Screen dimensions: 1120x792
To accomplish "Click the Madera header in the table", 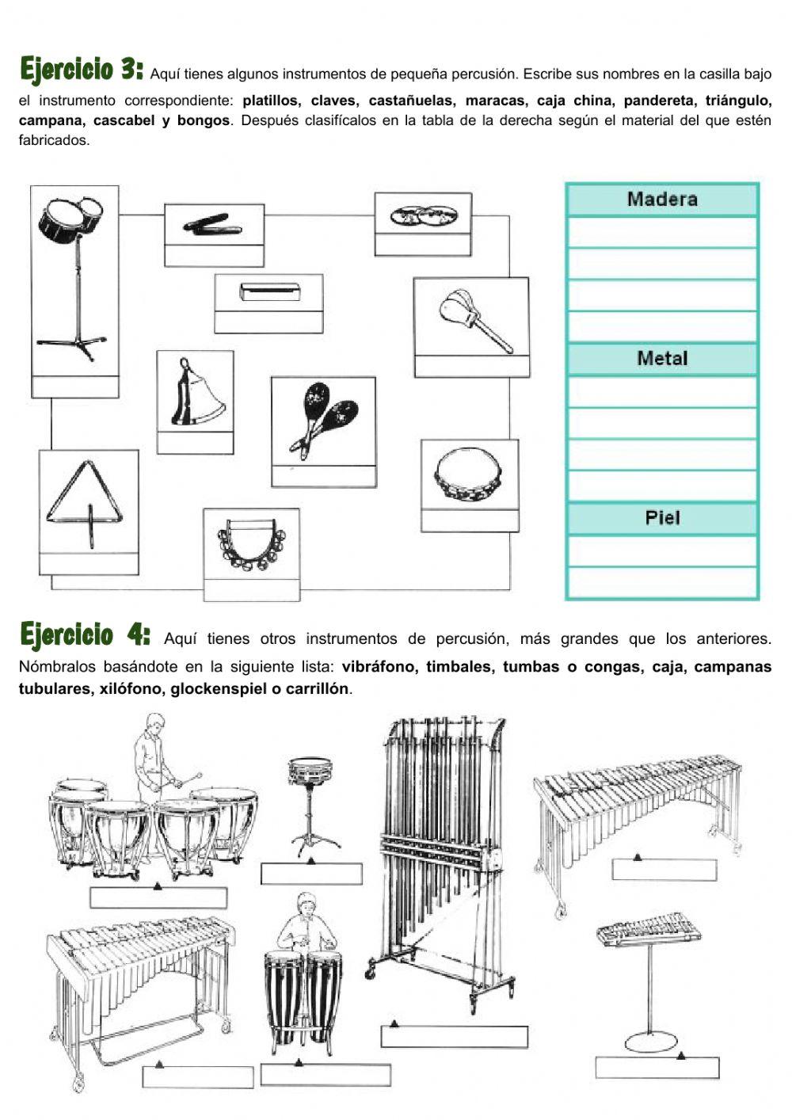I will (x=662, y=199).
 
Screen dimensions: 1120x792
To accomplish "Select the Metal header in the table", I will (x=662, y=359).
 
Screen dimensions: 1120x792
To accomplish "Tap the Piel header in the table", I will (x=662, y=518).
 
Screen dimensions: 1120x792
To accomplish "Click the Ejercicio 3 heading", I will (x=82, y=70).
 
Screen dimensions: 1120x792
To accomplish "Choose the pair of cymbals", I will (x=421, y=215).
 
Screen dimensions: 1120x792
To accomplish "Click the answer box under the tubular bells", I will (x=454, y=1036).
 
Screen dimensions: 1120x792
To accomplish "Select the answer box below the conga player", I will (x=326, y=1074).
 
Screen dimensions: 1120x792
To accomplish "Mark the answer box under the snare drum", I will (x=311, y=873).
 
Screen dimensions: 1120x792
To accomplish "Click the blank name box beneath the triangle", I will (x=88, y=564).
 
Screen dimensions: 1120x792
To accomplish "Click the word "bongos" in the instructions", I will (x=204, y=121).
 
